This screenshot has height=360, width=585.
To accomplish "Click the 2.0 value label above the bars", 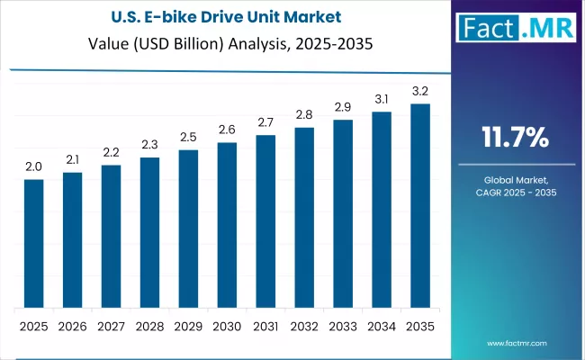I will (33, 167).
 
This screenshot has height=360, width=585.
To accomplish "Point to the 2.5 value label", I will (188, 138).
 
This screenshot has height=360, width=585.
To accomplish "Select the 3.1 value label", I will (382, 99).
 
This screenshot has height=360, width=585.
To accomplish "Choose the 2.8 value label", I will (304, 115).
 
